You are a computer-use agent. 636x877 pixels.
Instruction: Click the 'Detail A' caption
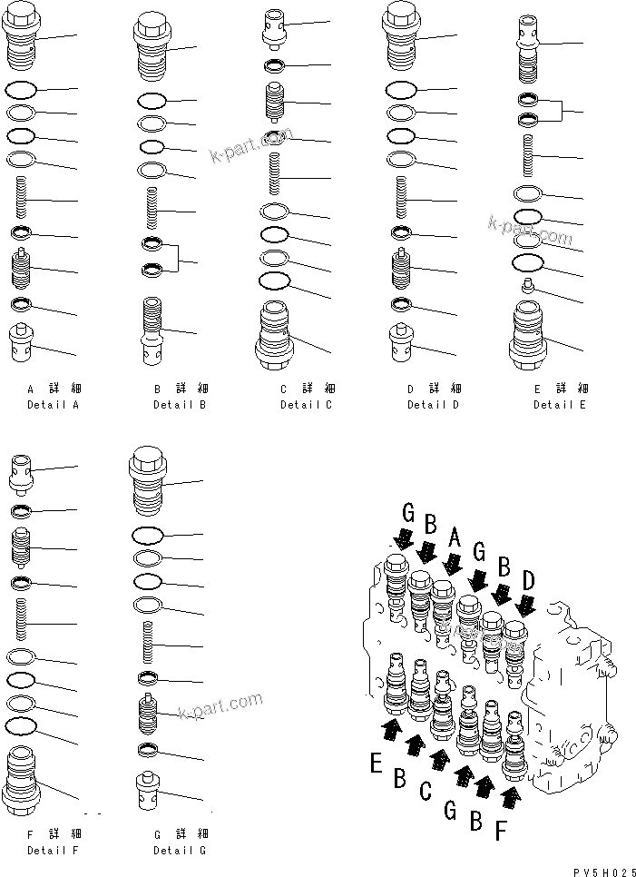53,404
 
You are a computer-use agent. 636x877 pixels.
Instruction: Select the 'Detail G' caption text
180,851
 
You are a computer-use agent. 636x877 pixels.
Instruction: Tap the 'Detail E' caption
559,404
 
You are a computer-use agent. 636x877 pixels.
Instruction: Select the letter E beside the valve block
376,764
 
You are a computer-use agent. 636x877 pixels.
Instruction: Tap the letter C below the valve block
426,790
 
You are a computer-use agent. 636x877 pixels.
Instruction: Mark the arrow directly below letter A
447,567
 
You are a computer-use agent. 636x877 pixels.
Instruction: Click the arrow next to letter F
512,797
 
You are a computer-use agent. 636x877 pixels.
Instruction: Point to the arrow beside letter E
391,727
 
